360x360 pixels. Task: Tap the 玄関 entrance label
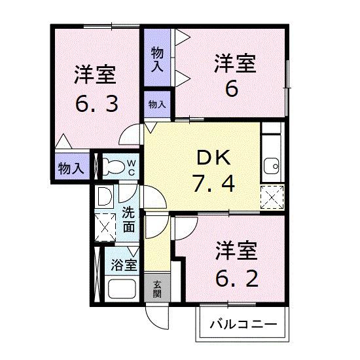(x=158, y=289)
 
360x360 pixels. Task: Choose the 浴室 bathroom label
(x=124, y=265)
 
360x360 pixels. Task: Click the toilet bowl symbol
(x=112, y=166)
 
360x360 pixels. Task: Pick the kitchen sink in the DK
(x=271, y=164)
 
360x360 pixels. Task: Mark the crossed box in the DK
(x=271, y=197)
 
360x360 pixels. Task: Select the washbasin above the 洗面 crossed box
(x=104, y=196)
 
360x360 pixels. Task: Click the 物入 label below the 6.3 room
(x=70, y=168)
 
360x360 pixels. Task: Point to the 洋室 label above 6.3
(x=95, y=75)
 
